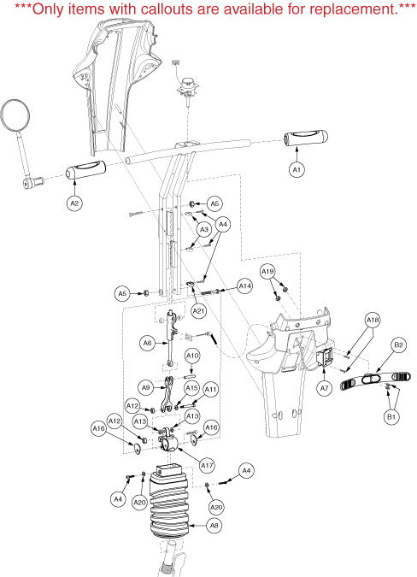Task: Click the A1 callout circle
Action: click(297, 169)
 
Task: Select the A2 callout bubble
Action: click(74, 203)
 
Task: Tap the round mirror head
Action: click(15, 115)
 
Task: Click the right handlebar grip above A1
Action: click(306, 138)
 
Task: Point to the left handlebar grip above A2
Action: click(85, 170)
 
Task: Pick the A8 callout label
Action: click(214, 526)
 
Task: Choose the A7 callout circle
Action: click(325, 388)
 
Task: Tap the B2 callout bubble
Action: click(398, 344)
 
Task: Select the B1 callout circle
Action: click(391, 416)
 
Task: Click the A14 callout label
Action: click(245, 286)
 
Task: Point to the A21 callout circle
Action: click(198, 311)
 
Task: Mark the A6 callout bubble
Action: click(147, 343)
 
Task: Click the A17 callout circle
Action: click(207, 466)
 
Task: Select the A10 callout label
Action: click(192, 356)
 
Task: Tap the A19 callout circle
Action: click(267, 272)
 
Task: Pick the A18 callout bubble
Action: click(372, 321)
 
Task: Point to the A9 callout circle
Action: click(146, 387)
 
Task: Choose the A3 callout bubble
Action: click(203, 230)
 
